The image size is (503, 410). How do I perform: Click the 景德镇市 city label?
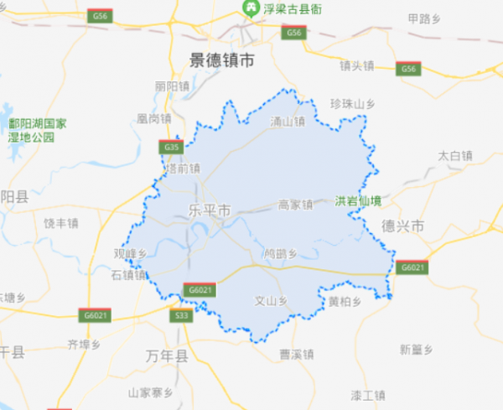215,60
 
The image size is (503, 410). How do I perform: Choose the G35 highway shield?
171,148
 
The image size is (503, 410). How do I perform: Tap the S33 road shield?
180,316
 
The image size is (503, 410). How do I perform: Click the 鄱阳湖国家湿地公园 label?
37,130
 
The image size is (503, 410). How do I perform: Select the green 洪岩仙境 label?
358,201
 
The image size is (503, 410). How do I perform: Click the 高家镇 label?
294,204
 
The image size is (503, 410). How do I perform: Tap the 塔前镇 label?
184,168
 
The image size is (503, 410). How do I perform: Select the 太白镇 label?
455,155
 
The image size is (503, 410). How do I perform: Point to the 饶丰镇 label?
60,224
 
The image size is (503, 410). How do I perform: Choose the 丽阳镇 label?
173,86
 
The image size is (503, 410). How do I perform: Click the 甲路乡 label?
423,18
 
